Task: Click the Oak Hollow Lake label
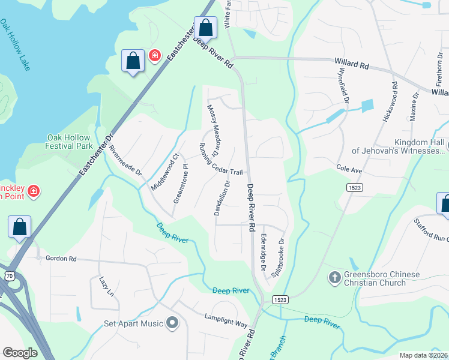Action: click(x=15, y=45)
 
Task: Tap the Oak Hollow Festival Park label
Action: click(x=70, y=142)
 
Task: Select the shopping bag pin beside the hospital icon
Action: click(x=133, y=61)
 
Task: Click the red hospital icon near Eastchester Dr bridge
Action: click(x=155, y=56)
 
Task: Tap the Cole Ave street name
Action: click(x=349, y=170)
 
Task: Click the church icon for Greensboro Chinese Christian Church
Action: click(x=334, y=278)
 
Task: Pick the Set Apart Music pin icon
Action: click(x=173, y=323)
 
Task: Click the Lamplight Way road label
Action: click(x=226, y=319)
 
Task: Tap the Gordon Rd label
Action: click(x=61, y=259)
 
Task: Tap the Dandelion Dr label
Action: click(x=221, y=199)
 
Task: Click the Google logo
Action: click(x=20, y=353)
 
